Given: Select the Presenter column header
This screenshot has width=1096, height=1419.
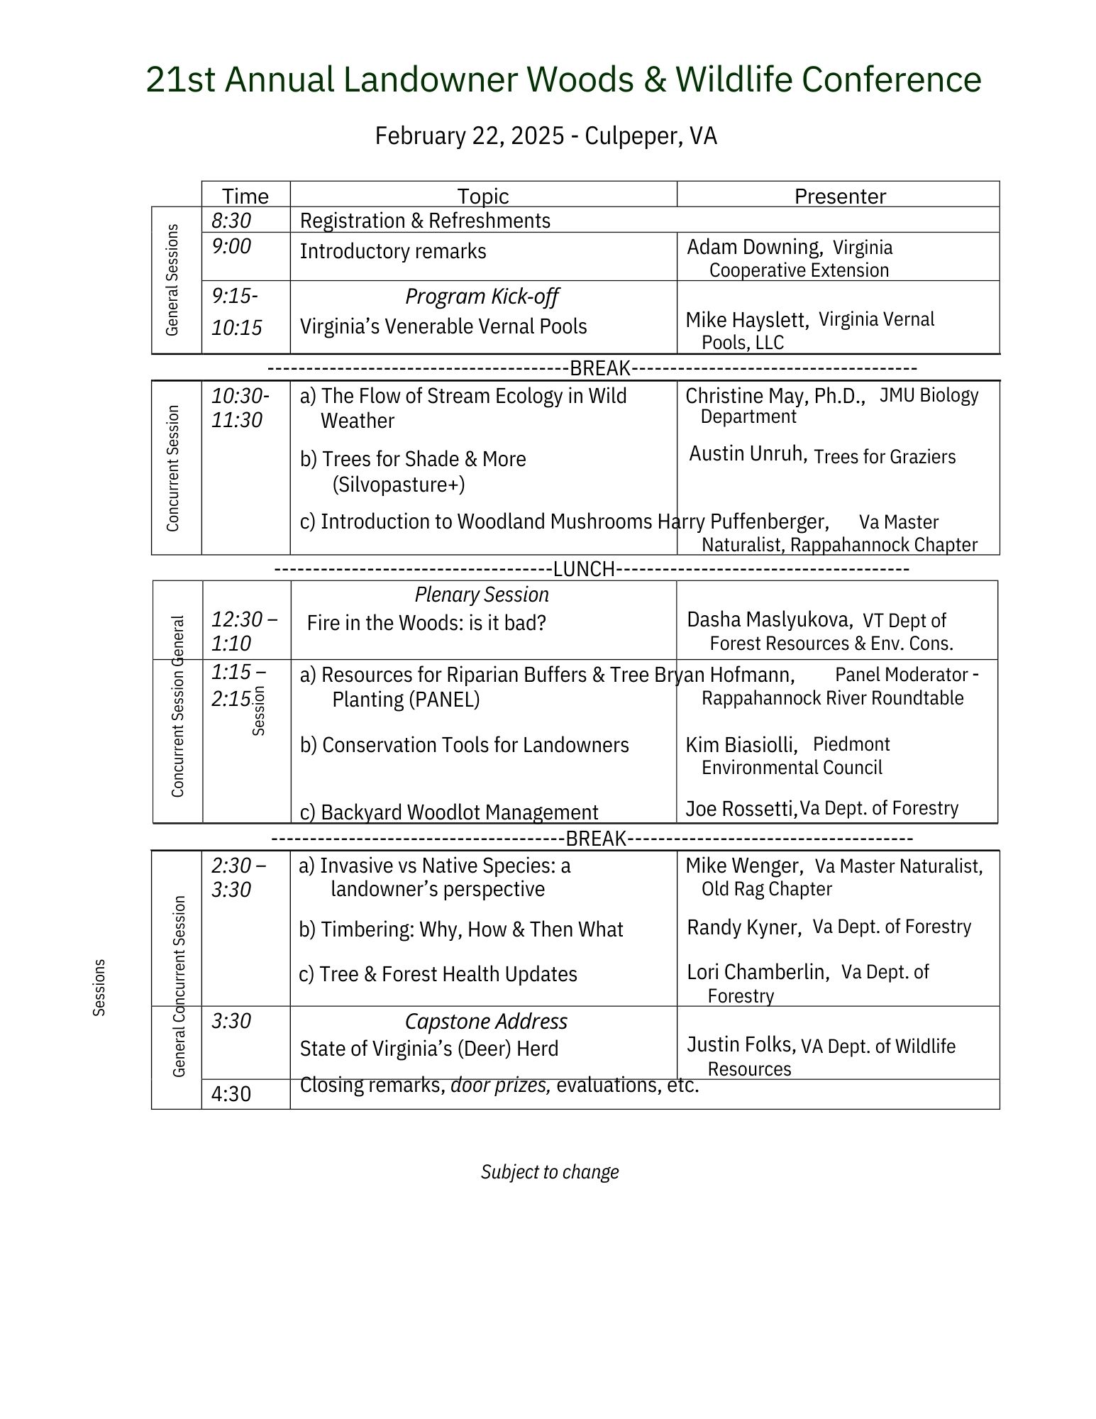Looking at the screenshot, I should click(839, 196).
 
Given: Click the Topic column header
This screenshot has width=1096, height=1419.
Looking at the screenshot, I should click(482, 196).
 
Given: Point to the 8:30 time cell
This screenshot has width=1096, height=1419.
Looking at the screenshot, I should click(231, 221).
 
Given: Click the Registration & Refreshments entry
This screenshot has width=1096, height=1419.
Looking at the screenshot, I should click(425, 221).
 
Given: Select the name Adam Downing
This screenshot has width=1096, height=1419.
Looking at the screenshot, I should click(753, 247).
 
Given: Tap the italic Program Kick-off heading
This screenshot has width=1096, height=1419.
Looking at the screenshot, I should click(482, 297).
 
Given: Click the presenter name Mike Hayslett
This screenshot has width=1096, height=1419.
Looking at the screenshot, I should click(746, 320).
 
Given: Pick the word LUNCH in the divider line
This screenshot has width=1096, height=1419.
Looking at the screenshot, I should click(584, 569).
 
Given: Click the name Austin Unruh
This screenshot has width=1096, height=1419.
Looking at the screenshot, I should click(748, 453).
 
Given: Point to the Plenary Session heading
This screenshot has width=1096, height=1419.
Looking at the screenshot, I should click(482, 595).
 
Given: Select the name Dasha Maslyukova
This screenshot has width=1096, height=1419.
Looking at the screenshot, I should click(769, 619).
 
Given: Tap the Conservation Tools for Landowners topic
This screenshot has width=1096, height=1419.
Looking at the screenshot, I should click(465, 745).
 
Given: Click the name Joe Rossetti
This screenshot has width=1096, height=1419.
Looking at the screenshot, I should click(741, 808).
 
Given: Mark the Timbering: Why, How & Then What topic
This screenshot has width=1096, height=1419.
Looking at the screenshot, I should click(461, 929).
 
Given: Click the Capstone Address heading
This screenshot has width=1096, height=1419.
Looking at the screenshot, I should click(486, 1022).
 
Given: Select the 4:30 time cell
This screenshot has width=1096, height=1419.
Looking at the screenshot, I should click(231, 1094).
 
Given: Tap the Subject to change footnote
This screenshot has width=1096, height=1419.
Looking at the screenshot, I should click(550, 1171).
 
